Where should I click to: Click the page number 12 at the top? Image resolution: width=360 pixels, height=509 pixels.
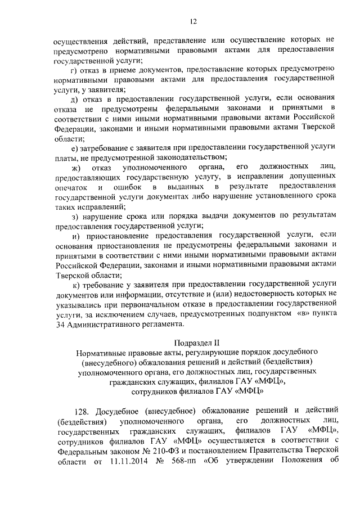(x=192, y=21)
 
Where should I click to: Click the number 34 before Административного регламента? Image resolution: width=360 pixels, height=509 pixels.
(x=60, y=325)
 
